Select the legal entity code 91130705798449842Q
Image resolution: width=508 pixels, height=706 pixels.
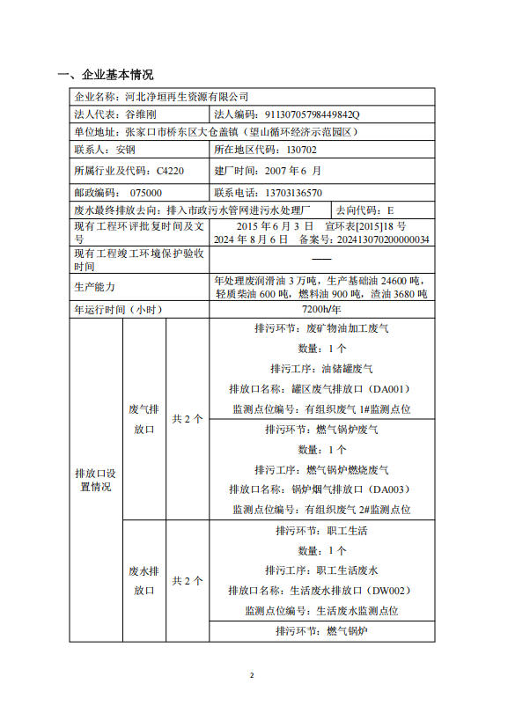(313, 114)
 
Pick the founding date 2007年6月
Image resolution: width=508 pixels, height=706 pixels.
(290, 170)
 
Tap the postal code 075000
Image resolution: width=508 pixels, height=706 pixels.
(144, 192)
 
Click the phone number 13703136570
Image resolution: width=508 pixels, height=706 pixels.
(293, 192)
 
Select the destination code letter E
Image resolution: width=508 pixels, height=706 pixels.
(390, 211)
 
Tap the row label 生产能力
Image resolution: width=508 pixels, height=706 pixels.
(94, 287)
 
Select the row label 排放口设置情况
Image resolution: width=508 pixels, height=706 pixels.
(95, 479)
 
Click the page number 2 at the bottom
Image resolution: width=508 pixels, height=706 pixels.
(252, 675)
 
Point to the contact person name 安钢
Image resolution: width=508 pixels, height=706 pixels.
(125, 150)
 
